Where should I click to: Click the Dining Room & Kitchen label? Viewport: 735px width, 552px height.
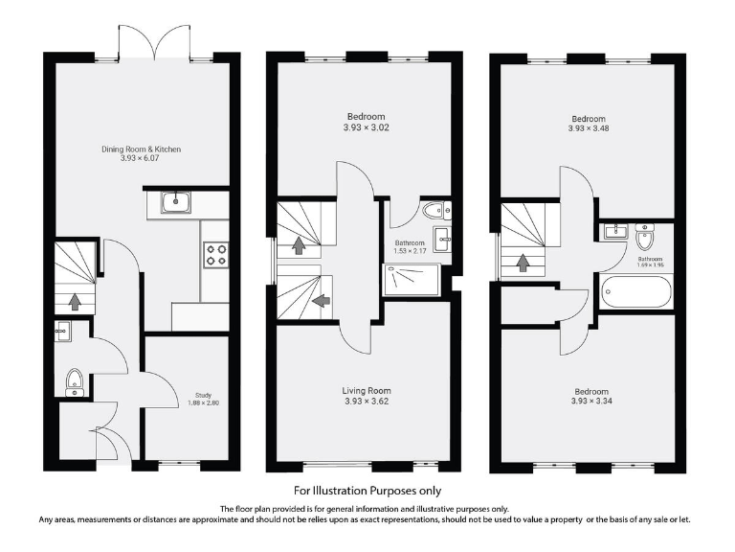click(x=142, y=149)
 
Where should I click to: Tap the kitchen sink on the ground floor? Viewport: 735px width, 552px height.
click(x=177, y=202)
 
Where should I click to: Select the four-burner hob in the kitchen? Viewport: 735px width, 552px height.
click(x=215, y=254)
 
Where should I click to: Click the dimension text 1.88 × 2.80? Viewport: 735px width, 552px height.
click(x=202, y=402)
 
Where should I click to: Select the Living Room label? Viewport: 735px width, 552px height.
click(x=367, y=391)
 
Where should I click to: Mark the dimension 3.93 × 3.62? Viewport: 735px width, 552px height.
click(x=367, y=402)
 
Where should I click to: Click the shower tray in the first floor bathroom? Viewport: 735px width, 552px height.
click(x=411, y=281)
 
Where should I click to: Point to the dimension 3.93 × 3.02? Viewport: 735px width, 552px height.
click(x=367, y=126)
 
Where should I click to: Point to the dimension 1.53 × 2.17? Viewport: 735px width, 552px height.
click(x=411, y=251)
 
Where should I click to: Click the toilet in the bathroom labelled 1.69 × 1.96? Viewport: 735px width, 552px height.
click(x=645, y=237)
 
